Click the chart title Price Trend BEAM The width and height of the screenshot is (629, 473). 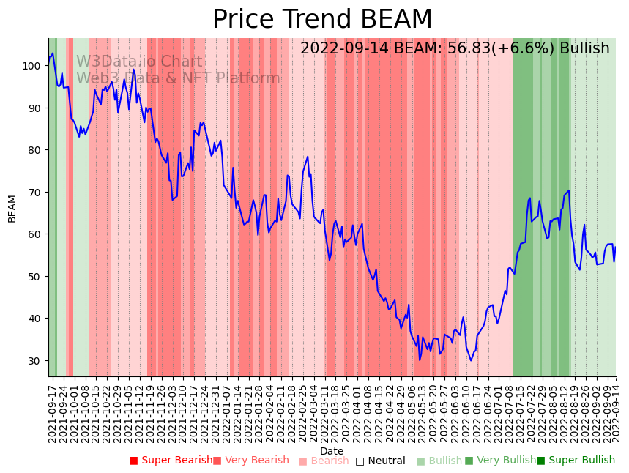coord(322,20)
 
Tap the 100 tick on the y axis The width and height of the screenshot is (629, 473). coord(33,66)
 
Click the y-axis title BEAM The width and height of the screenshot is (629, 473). coord(12,209)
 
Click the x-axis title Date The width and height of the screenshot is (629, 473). coord(332,451)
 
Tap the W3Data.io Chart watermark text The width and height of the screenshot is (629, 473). coord(139,62)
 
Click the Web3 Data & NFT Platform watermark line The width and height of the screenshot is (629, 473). coord(178,78)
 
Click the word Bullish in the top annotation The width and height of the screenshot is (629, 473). coord(584,49)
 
